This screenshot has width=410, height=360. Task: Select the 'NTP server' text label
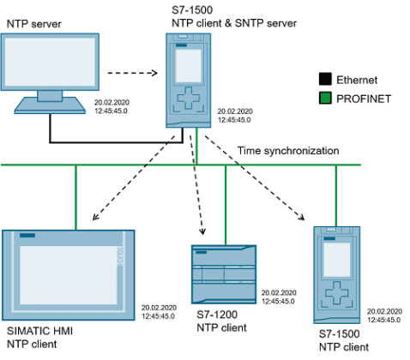coord(34,18)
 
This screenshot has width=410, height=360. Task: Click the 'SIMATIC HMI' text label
coord(37,331)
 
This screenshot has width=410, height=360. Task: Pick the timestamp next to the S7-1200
coord(280,297)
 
